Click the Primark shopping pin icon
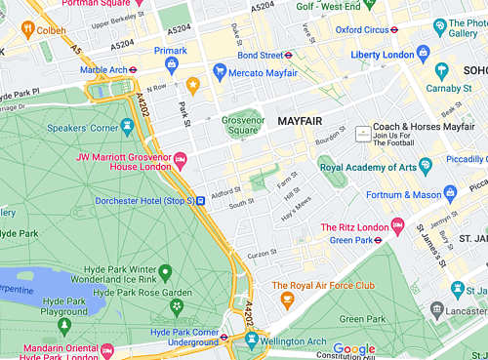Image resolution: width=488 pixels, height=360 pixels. pos(172,64)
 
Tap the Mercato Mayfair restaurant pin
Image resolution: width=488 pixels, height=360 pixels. pos(220,71)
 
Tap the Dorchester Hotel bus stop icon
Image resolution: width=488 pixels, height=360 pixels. pos(200,201)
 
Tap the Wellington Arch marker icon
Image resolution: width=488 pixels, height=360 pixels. pos(253,339)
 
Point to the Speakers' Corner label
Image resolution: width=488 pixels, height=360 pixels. pos(91,128)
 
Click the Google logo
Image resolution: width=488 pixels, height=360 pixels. pos(354,349)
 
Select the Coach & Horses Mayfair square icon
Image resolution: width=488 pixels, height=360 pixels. pos(362,132)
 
